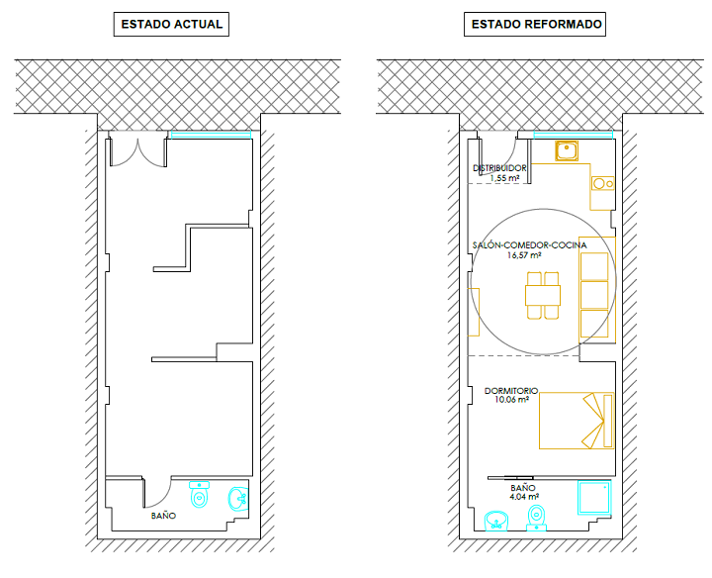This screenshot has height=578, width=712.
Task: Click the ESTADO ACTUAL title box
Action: point(171,24)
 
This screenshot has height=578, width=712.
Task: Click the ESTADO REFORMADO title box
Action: point(534,24)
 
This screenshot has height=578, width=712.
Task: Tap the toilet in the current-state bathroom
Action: point(200,494)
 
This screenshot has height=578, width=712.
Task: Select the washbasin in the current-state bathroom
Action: point(238,499)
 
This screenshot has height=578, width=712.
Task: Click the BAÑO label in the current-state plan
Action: point(163,516)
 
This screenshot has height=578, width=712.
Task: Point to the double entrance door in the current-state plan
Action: point(138,152)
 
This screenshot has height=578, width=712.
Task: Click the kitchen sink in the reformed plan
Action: point(567,150)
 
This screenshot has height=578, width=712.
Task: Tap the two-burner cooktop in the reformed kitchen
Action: point(602,183)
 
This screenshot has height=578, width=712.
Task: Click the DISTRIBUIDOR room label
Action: point(499,168)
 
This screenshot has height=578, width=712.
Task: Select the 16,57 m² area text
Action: point(524,255)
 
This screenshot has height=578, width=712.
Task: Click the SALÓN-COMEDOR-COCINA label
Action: point(529,245)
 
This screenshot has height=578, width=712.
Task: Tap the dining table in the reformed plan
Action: point(543,295)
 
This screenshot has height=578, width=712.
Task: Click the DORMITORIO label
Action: point(511,391)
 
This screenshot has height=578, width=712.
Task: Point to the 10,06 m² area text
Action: point(512,400)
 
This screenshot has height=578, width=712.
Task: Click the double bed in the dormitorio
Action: point(577,421)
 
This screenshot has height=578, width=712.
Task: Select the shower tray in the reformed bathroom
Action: point(594,498)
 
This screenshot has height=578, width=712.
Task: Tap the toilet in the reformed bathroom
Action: point(537,518)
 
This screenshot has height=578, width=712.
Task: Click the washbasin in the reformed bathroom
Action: point(496,521)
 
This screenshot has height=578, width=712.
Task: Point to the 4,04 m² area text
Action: point(524,497)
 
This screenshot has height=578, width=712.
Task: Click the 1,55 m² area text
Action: point(505,178)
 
